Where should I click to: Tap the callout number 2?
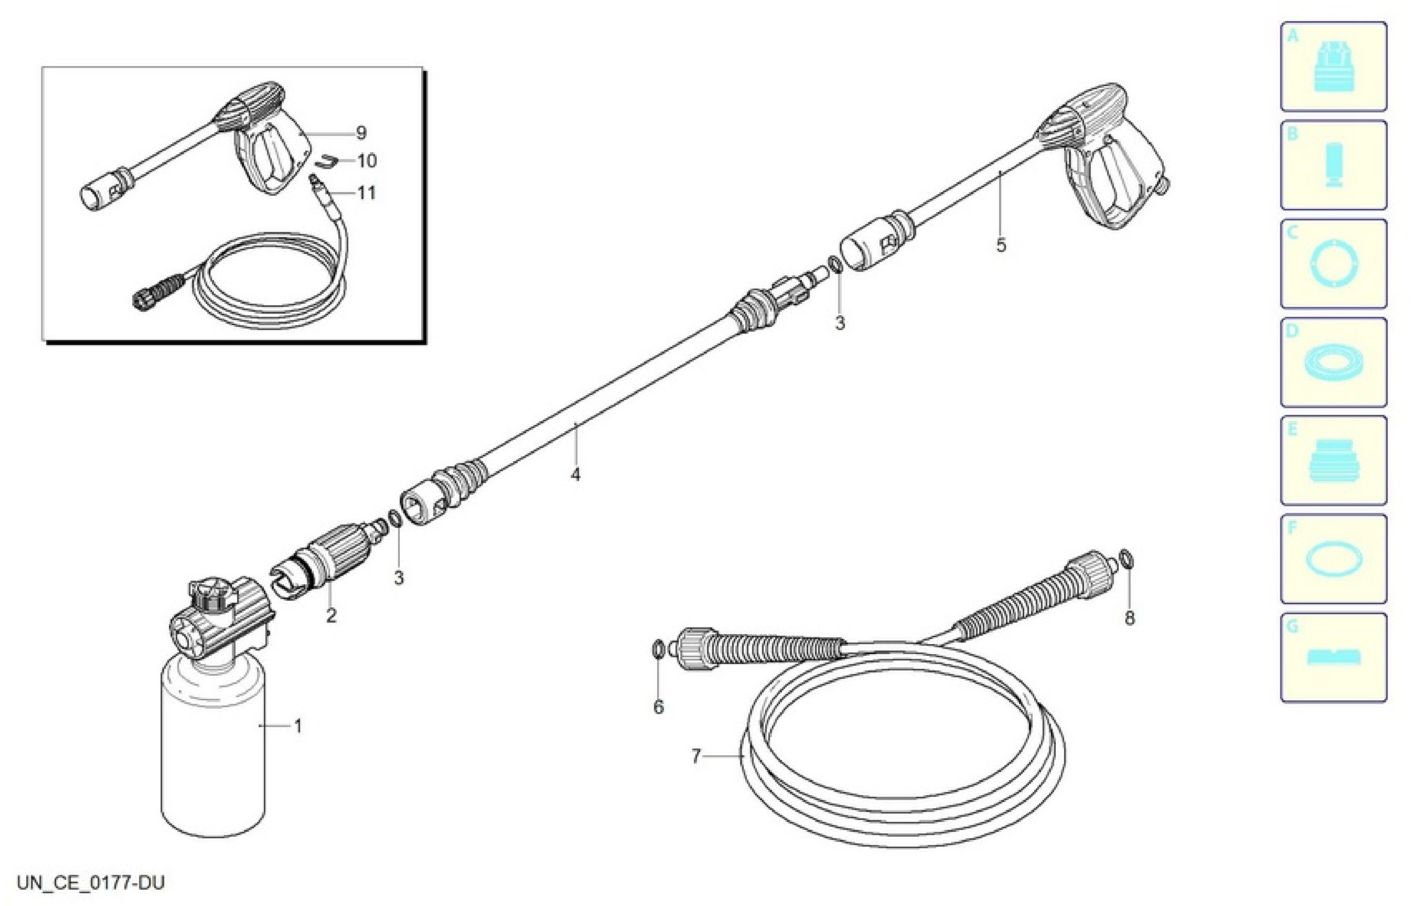pos(332,616)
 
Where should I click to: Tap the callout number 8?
pos(1129,618)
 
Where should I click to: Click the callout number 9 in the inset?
pos(361,133)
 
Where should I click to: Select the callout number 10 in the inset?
pos(367,161)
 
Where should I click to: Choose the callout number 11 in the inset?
pos(366,193)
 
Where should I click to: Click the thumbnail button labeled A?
pos(1334,67)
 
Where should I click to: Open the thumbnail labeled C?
pos(1334,263)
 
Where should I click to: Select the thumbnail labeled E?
pos(1334,460)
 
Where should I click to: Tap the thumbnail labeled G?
pos(1334,657)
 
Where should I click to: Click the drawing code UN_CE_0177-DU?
pos(90,882)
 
